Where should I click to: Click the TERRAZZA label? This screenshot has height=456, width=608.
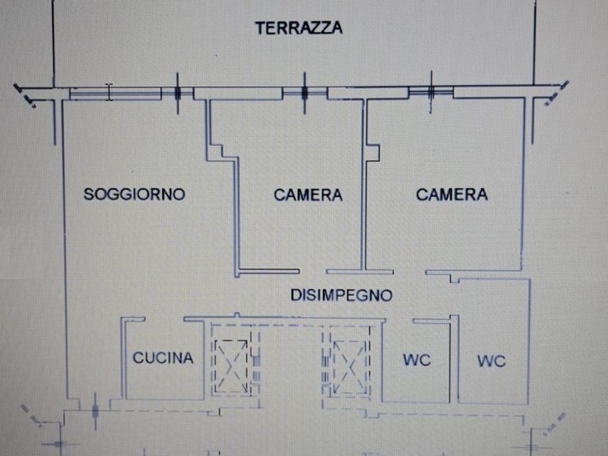pos(299,28)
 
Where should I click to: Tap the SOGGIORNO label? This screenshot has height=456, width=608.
pos(135,194)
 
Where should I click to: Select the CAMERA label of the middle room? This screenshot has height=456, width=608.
pos(308,195)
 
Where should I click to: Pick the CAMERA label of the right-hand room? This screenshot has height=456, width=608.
pos(451,195)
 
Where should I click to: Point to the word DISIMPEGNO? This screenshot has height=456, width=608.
pos(340,293)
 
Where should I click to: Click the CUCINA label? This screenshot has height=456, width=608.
pos(163,358)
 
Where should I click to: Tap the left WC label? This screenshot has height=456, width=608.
pos(416,359)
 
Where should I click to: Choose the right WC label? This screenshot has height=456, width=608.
pos(492,362)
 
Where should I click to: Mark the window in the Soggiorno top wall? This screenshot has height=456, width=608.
pos(114,93)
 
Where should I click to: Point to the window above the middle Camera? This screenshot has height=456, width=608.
pos(304,93)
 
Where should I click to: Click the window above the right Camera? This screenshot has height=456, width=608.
pos(430,92)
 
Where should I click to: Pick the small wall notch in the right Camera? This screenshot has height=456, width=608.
pos(372,150)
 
